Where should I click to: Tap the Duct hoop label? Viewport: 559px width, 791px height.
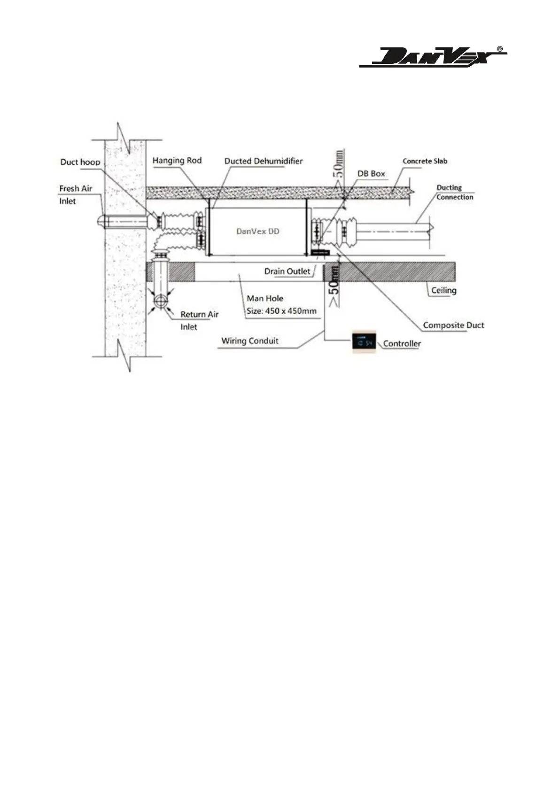coord(80,162)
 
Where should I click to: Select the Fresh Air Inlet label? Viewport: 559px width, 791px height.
coord(75,194)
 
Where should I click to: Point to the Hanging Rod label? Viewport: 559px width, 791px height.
coord(177,161)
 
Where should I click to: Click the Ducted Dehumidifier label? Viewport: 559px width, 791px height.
coord(264,161)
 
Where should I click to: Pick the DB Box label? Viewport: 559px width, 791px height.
coord(371,174)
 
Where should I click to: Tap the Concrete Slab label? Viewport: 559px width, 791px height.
coord(425,161)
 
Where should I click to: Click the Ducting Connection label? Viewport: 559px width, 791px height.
coord(454,193)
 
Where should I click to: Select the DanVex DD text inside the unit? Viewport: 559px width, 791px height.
coord(258,231)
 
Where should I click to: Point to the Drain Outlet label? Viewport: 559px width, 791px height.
coord(287,271)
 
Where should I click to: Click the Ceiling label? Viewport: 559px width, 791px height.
coord(444,290)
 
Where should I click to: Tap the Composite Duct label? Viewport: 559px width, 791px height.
coord(453,325)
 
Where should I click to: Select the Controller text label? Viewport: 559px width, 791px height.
coord(402,343)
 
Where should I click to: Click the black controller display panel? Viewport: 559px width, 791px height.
coord(365,342)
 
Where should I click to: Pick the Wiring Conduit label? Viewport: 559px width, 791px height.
coord(250,341)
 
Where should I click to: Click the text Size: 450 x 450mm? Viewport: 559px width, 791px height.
coord(281,311)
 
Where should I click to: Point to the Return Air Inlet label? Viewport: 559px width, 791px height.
coord(199,320)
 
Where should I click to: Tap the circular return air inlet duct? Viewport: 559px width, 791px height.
coord(161,301)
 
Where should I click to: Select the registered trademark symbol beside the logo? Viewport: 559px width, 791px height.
coord(500,49)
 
